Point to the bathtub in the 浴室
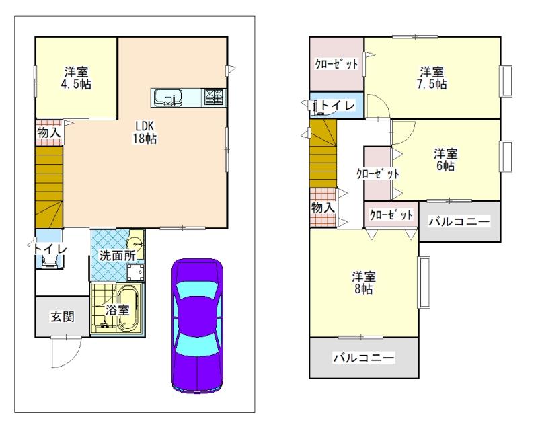(x=128, y=308)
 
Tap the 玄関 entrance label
(x=61, y=316)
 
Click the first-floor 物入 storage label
(x=49, y=132)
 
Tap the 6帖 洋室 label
(x=445, y=159)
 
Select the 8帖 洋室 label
(x=364, y=282)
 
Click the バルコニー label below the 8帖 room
(x=363, y=358)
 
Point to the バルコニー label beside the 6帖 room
(x=459, y=221)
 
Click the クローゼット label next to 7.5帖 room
(x=336, y=64)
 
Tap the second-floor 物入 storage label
(x=323, y=208)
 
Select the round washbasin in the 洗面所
(x=137, y=243)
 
